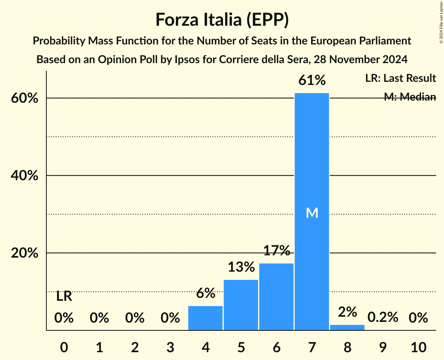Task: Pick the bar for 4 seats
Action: coord(205,318)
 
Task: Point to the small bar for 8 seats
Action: coord(347,327)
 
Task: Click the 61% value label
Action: coord(312,80)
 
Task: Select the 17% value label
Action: coord(276,251)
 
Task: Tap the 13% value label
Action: coord(241,267)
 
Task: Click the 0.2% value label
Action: coord(383,318)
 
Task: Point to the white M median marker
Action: coord(312,213)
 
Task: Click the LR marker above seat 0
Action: coord(64,296)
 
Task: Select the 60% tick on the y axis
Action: coord(24,98)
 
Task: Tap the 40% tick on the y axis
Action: coord(24,176)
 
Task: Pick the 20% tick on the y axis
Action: coord(24,253)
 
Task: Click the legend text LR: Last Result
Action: coord(400,78)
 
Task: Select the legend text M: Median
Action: coord(410,97)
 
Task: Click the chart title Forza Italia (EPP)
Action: coord(222,19)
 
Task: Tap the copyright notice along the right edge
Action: coord(441,21)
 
